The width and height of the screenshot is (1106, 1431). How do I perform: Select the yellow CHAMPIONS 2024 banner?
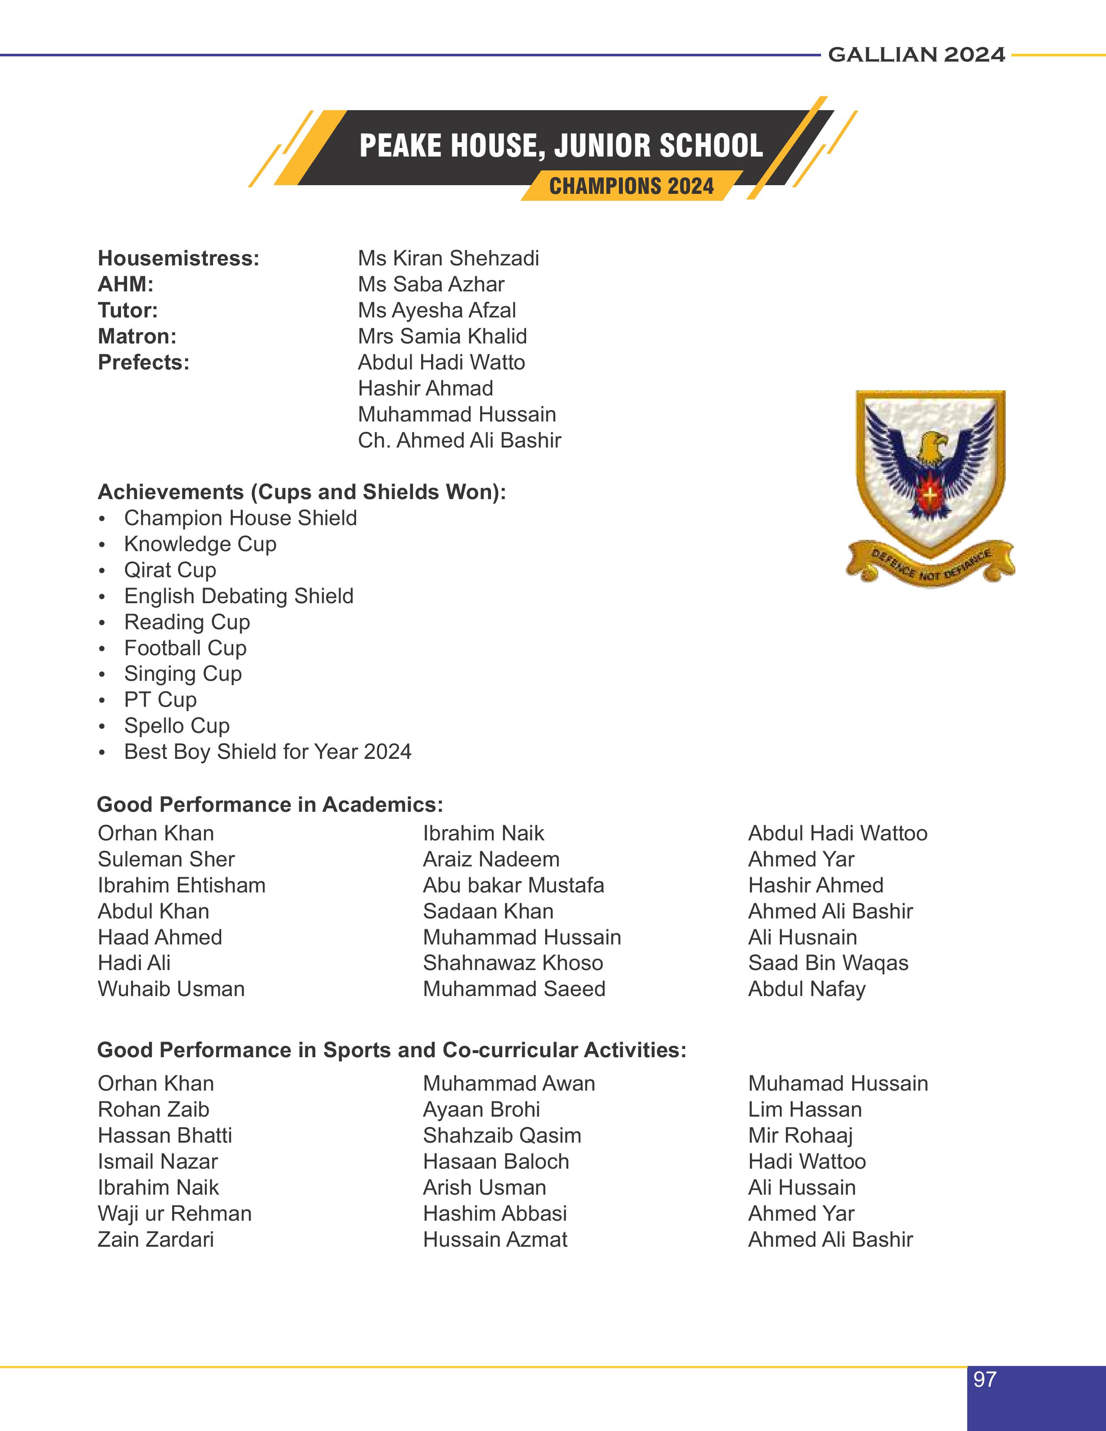pos(631,186)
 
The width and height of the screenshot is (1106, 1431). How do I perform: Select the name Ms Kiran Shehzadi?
pos(448,258)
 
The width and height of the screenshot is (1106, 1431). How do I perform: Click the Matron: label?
pos(137,336)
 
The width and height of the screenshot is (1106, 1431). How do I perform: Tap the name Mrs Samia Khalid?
pos(442,336)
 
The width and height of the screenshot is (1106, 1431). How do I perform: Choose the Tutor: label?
pos(128,310)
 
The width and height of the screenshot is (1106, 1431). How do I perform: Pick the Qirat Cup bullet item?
pos(170,570)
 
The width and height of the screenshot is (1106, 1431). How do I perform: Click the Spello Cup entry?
pos(177,725)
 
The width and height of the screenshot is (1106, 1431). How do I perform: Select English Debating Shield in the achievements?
pos(239,595)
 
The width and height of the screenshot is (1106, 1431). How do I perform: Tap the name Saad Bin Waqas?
pos(828,963)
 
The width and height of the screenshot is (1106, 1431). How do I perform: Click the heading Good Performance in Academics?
pos(270,804)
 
